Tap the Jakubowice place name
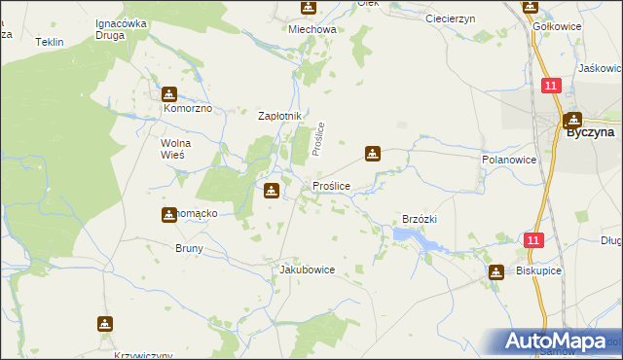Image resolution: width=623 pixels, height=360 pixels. point(307,270)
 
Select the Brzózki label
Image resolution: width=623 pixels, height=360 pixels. point(421,220)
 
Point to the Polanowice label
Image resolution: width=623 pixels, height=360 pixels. point(509,159)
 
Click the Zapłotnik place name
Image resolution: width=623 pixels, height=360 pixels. point(280,116)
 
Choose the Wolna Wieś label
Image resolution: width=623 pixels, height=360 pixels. point(175,150)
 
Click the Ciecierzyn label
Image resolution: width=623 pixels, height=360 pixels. point(450,18)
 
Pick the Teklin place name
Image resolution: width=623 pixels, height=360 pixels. point(49,43)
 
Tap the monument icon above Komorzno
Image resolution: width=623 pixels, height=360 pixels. point(170,94)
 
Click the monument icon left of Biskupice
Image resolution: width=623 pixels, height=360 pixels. point(496,272)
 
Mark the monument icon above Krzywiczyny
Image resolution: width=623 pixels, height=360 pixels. point(104,324)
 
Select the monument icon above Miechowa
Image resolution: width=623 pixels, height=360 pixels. point(309,9)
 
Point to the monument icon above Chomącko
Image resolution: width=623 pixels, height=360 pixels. point(169,214)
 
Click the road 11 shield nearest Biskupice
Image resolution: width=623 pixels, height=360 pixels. point(532,240)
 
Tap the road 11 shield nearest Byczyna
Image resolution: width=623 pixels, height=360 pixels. point(551,87)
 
